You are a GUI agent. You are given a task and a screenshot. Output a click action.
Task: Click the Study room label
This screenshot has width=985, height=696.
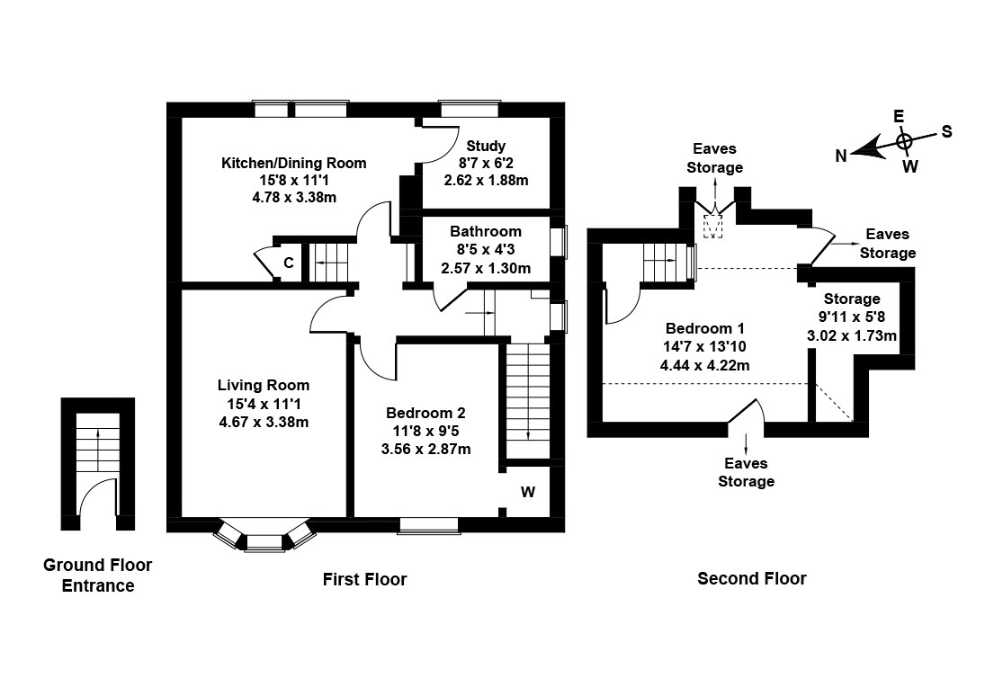tap(486, 146)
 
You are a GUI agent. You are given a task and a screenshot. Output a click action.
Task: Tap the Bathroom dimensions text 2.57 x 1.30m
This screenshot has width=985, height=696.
tap(486, 268)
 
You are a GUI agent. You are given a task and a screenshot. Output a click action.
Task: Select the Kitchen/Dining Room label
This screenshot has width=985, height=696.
tap(294, 163)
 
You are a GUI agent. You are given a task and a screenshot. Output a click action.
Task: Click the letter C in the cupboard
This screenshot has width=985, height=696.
tap(289, 263)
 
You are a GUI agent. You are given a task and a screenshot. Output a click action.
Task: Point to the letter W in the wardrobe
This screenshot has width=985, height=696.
tap(528, 492)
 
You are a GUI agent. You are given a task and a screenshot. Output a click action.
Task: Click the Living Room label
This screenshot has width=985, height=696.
tap(264, 386)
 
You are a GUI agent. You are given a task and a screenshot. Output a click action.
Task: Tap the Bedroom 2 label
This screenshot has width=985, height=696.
tap(425, 413)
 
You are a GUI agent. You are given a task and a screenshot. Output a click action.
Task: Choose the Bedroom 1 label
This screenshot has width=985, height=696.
tap(704, 328)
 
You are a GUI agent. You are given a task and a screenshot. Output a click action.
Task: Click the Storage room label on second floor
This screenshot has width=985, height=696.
tap(852, 299)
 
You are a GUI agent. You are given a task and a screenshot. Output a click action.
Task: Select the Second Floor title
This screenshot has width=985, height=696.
tap(752, 578)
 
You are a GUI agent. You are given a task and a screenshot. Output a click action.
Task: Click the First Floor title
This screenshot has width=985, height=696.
tap(364, 580)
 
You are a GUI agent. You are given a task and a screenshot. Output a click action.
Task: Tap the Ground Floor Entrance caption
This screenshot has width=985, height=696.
tap(98, 576)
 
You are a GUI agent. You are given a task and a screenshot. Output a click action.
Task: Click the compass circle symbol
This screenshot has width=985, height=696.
tap(905, 140)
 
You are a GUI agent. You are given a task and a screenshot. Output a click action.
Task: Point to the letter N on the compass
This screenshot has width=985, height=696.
tap(840, 156)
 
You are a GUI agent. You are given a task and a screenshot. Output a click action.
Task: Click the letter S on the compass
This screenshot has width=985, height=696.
tap(946, 131)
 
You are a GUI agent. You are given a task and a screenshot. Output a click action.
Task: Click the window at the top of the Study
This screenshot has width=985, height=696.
tap(469, 110)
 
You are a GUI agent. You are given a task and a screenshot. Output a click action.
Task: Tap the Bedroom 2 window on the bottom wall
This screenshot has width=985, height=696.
tap(428, 524)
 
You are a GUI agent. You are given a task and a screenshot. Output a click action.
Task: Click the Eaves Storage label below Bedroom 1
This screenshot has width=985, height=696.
tap(746, 472)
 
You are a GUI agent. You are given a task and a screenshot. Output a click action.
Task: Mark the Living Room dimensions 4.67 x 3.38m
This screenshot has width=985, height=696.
tap(264, 421)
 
